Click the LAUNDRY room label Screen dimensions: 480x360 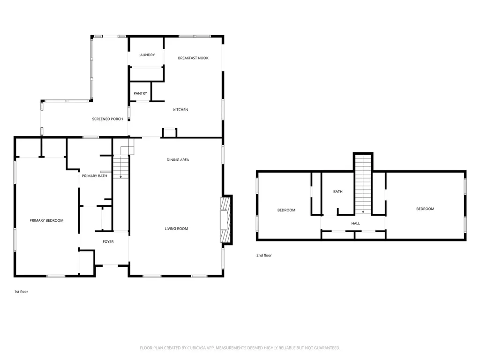click(x=146, y=55)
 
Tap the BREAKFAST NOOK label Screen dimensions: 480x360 click(x=193, y=58)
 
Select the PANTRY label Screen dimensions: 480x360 click(x=140, y=93)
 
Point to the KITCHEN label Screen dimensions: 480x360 click(x=180, y=110)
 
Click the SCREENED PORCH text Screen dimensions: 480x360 click(x=107, y=119)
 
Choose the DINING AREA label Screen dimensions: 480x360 click(x=178, y=160)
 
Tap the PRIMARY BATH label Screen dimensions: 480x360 click(x=94, y=176)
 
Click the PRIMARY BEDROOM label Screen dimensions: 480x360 click(x=46, y=220)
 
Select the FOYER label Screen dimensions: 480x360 click(x=108, y=242)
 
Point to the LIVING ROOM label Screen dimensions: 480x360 click(x=176, y=229)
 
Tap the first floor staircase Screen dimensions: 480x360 click(x=121, y=166)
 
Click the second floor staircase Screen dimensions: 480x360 click(x=363, y=184)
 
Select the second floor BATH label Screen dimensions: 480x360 click(x=338, y=192)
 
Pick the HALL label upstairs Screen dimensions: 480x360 click(x=355, y=224)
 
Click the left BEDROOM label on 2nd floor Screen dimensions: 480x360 click(x=286, y=210)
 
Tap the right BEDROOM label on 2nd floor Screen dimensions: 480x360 click(x=425, y=209)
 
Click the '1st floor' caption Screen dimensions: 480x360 click(x=21, y=292)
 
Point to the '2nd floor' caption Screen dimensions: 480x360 click(x=264, y=255)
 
